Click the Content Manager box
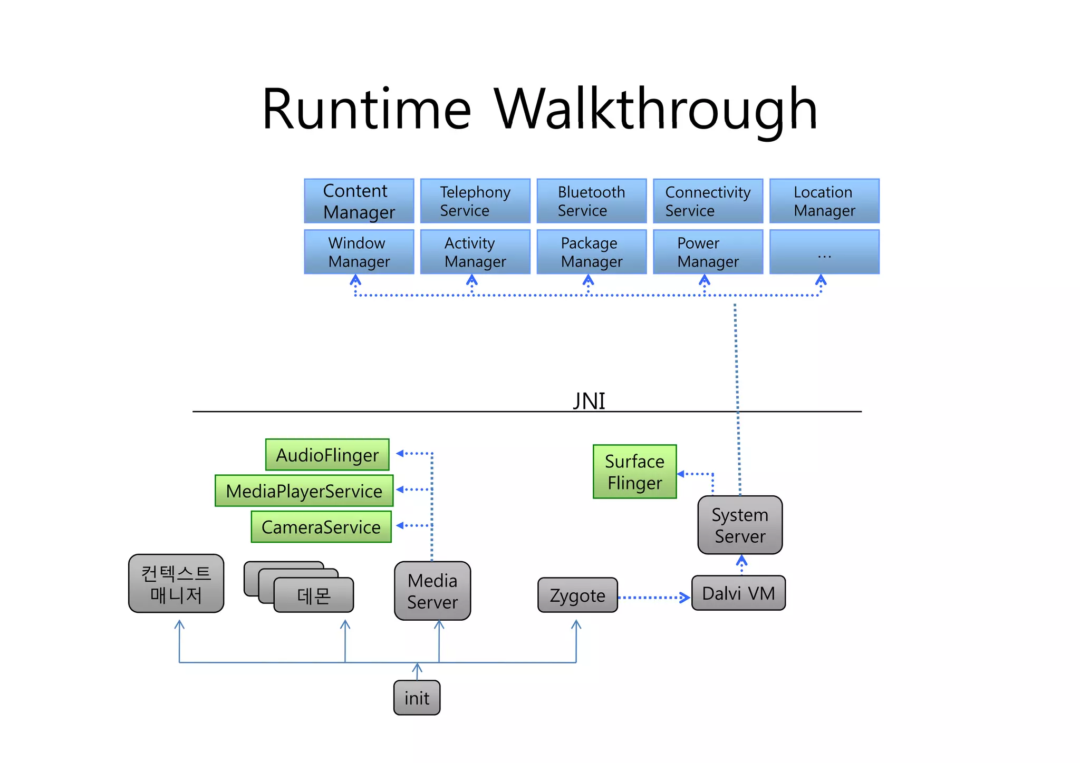pyautogui.click(x=359, y=201)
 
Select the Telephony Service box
pyautogui.click(x=475, y=201)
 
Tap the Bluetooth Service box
pyautogui.click(x=591, y=201)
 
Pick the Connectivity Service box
pyautogui.click(x=708, y=201)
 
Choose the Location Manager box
pyautogui.click(x=824, y=201)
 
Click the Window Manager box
pyautogui.click(x=359, y=252)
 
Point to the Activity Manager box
pyautogui.click(x=475, y=252)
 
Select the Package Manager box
pyautogui.click(x=591, y=252)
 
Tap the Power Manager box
pyautogui.click(x=708, y=252)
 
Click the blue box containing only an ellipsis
pyautogui.click(x=824, y=252)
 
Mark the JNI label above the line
pyautogui.click(x=589, y=401)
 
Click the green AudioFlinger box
pyautogui.click(x=327, y=455)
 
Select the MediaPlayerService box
pyautogui.click(x=304, y=491)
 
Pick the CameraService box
pyautogui.click(x=321, y=526)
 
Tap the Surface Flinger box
pyautogui.click(x=634, y=472)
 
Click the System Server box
pyautogui.click(x=739, y=525)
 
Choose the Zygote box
pyautogui.click(x=577, y=595)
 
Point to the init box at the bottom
pyautogui.click(x=417, y=698)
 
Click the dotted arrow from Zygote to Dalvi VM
pyautogui.click(x=654, y=598)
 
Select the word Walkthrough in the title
pyautogui.click(x=655, y=109)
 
